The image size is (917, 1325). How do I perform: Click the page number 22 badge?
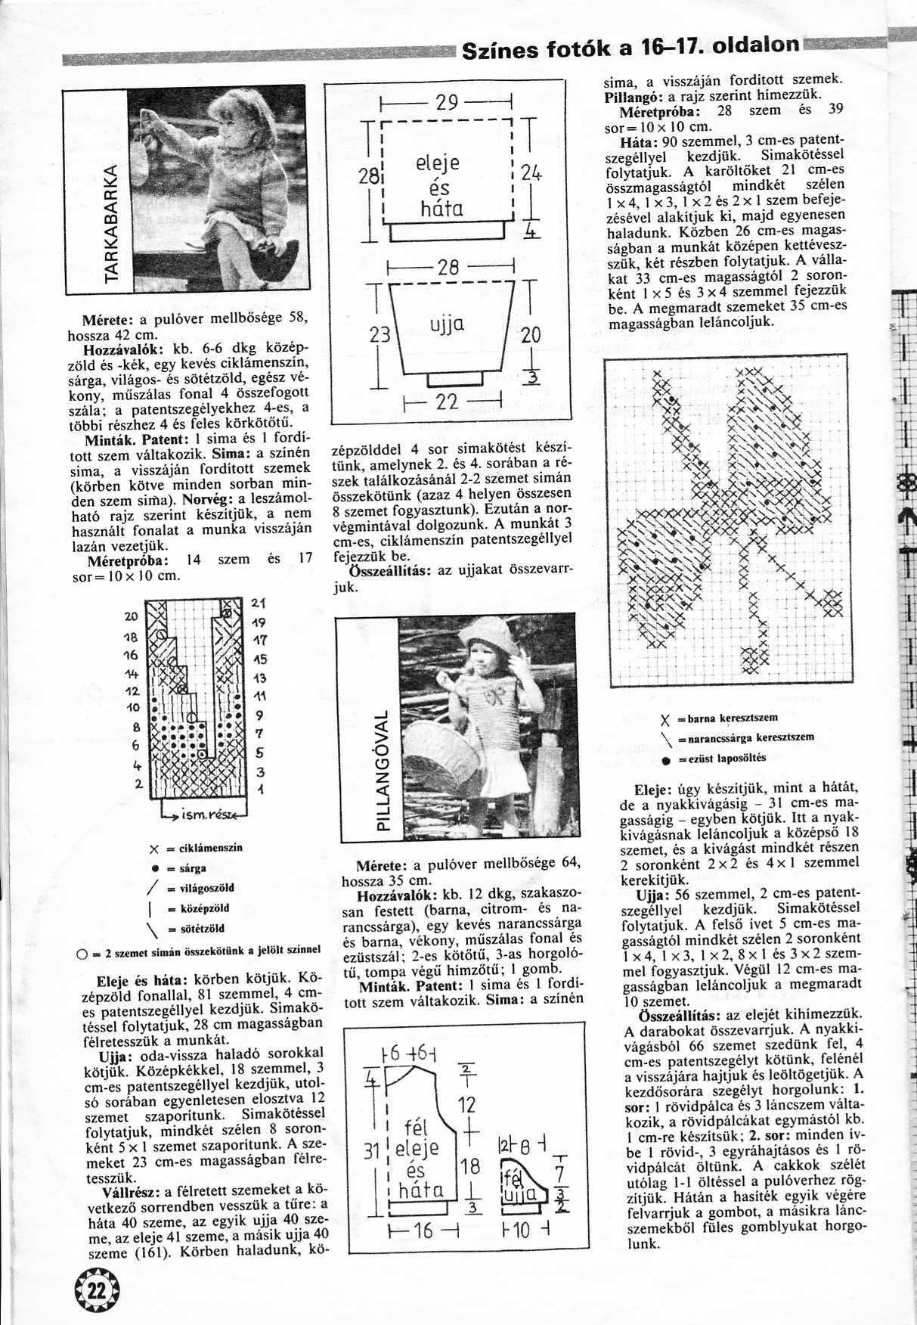(x=98, y=1292)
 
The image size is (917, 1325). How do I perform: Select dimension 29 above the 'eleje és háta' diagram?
(x=448, y=102)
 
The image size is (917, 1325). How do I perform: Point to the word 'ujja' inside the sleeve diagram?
(x=447, y=325)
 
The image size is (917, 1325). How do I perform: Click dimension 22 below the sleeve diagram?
(x=448, y=402)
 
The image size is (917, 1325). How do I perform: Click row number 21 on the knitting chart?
(x=258, y=604)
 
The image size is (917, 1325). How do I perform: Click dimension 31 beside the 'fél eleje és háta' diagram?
(x=370, y=1152)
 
